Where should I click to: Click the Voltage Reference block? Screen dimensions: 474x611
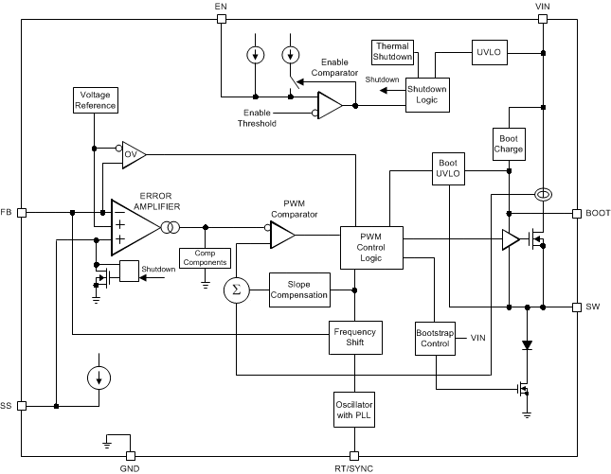click(95, 100)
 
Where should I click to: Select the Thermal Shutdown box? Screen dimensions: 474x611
click(393, 52)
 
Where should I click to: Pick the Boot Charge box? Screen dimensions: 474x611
click(509, 143)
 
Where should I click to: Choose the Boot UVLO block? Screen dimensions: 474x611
click(448, 167)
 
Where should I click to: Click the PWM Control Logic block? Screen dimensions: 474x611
click(371, 246)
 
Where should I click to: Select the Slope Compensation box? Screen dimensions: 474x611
click(298, 290)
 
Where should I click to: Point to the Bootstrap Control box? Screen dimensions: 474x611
click(436, 338)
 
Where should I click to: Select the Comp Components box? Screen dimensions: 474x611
click(205, 257)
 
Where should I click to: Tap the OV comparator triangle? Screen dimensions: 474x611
click(132, 155)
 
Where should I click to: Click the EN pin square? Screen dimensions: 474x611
click(221, 18)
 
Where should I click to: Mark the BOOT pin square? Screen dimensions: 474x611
click(577, 213)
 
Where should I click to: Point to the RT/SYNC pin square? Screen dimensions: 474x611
click(354, 455)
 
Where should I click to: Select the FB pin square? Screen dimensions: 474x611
click(21, 212)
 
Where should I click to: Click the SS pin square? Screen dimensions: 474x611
click(21, 406)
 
